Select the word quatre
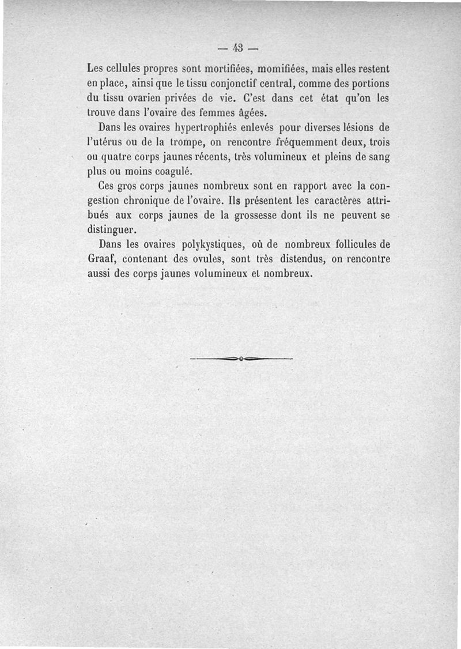[118, 157]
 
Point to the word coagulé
[173, 172]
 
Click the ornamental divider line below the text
[241, 359]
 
